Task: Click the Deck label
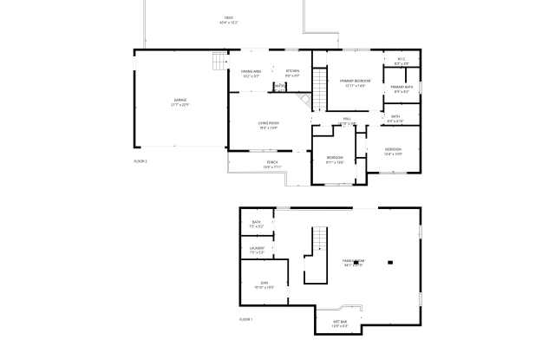tap(228, 19)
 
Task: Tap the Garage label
tap(180, 102)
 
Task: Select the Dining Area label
tap(251, 73)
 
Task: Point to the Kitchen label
tap(292, 73)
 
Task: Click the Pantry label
tap(278, 86)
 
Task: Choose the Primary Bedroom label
tap(349, 82)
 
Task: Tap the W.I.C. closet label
tap(401, 62)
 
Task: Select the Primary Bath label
tap(401, 88)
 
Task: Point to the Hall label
tap(346, 121)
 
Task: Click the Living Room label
tap(267, 126)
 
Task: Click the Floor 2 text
tap(140, 161)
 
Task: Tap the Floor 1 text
tap(245, 320)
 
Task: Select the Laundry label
tap(257, 251)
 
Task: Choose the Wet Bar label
tap(340, 324)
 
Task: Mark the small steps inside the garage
tap(218, 62)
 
